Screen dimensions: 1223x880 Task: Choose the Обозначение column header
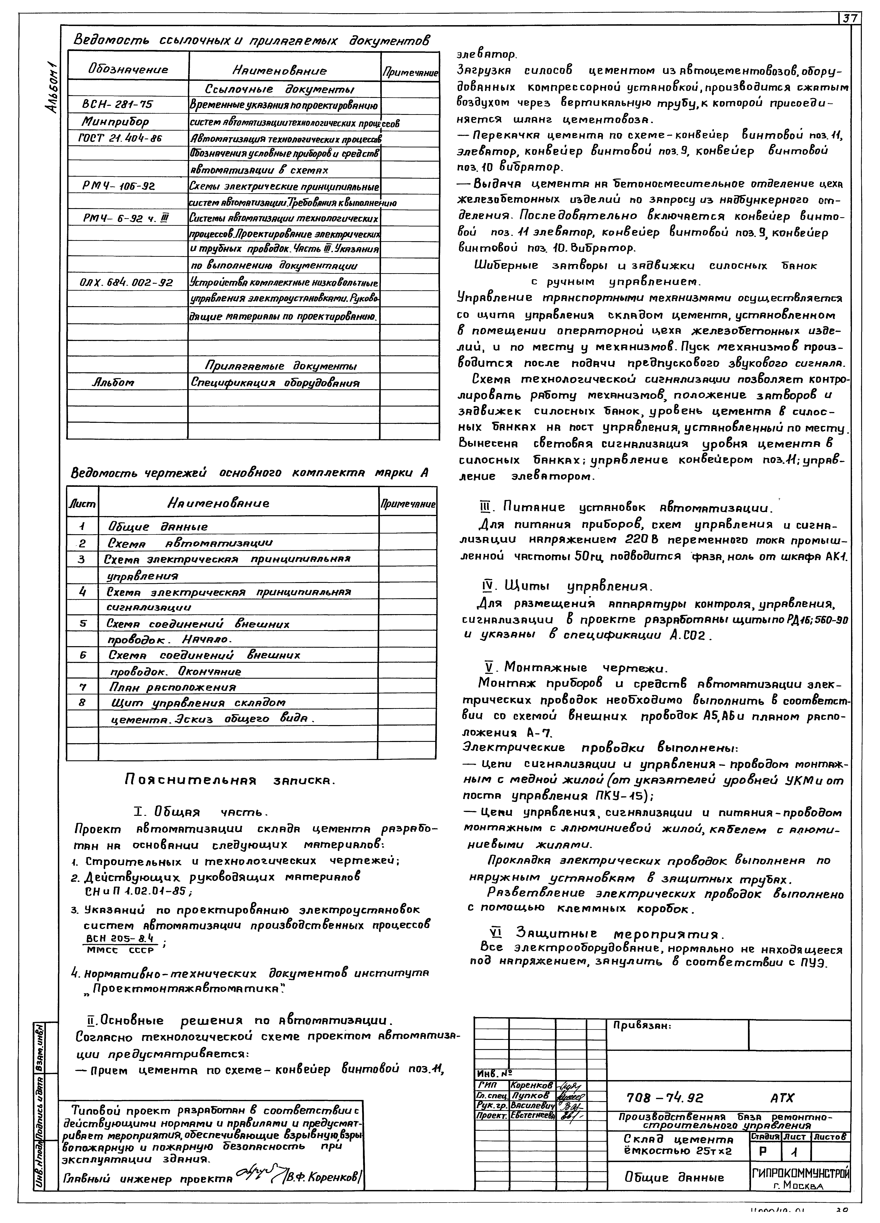click(128, 69)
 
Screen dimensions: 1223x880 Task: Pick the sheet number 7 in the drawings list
click(83, 687)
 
